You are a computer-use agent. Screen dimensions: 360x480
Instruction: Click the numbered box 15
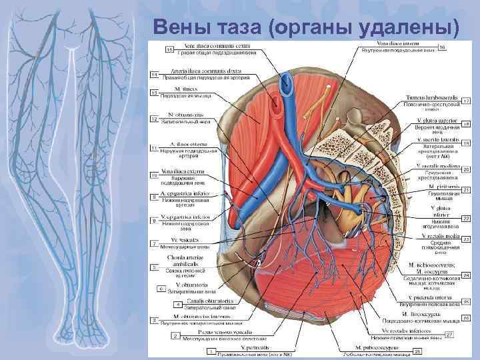point(170,49)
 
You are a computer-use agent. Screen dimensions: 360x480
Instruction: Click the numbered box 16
point(442,47)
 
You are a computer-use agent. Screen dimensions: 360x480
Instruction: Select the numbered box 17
point(466,100)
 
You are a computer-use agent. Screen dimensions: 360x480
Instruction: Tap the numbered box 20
point(466,169)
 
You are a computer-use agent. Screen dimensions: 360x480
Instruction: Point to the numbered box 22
point(466,218)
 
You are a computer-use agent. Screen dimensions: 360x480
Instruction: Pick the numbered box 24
point(466,274)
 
